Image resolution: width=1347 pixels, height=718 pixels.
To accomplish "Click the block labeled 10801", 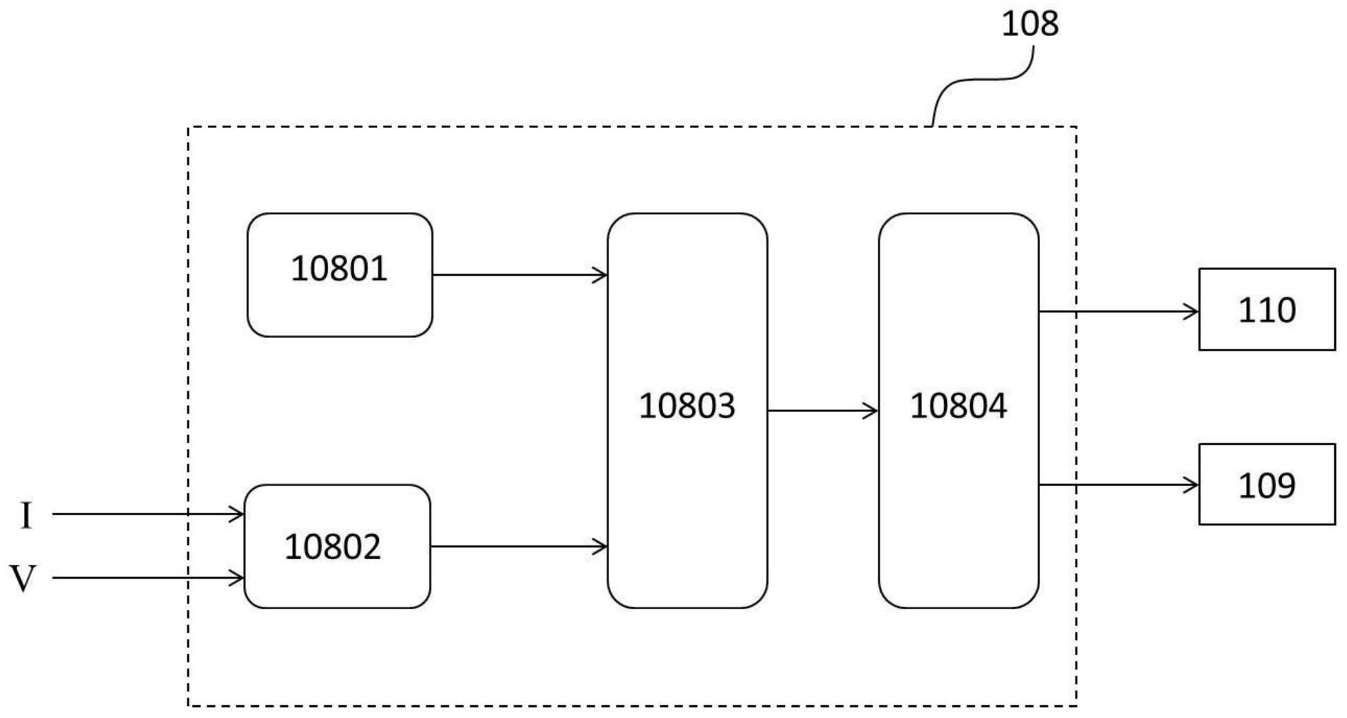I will (339, 275).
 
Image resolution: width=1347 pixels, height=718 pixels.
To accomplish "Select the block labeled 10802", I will (337, 546).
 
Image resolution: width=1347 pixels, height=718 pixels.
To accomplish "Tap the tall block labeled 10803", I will (687, 410).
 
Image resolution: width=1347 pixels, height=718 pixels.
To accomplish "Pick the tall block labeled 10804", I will (959, 410).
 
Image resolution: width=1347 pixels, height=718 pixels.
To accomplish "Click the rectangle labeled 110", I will (1266, 310).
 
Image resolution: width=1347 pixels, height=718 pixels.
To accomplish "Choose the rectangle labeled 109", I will (1266, 485).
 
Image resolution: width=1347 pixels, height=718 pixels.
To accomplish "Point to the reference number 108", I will (1030, 24).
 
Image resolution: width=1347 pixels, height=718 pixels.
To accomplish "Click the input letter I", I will (26, 515).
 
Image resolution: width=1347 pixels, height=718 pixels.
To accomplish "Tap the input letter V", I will (23, 578).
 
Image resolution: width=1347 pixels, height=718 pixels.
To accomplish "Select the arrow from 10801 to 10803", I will (520, 275).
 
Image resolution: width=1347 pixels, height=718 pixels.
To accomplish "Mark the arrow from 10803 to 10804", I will (822, 411).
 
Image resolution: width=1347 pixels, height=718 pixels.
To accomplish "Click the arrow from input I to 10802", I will (148, 514).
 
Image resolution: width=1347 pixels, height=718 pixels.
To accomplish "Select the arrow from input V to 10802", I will (148, 578).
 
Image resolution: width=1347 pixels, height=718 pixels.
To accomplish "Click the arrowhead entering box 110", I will (1191, 311).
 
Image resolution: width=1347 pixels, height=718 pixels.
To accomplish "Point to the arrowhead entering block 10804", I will (871, 411).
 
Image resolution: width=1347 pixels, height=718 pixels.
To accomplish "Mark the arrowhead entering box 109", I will (1191, 485).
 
